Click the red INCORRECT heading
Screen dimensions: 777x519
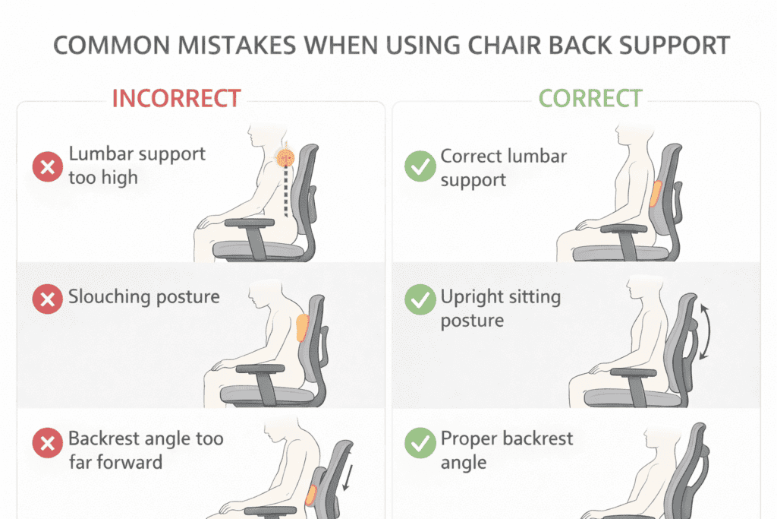176,98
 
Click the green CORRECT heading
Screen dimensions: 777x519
590,98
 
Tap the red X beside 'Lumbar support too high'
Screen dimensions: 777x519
48,166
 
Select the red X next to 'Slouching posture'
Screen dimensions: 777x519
48,299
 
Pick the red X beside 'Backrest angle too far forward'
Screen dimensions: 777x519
48,442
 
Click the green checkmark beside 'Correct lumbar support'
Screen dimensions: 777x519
420,166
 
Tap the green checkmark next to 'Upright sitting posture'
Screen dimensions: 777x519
420,299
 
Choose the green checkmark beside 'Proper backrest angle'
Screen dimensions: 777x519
420,442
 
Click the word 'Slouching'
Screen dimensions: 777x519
109,296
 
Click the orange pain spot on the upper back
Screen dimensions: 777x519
285,158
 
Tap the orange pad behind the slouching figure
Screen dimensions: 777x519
302,328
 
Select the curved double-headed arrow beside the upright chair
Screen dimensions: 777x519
706,331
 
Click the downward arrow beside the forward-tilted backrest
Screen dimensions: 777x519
348,470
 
